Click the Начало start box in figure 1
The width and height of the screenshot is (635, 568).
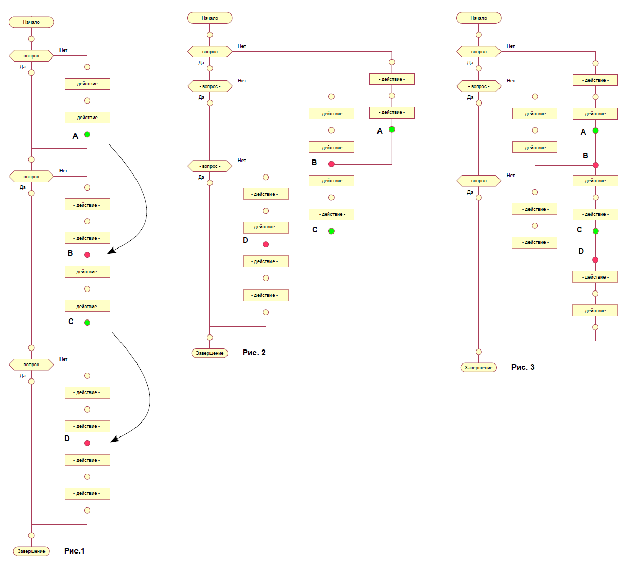(x=32, y=22)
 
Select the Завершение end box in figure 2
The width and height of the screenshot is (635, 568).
(x=210, y=353)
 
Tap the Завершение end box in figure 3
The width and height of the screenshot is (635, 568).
(x=479, y=368)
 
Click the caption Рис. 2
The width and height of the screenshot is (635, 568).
(x=254, y=353)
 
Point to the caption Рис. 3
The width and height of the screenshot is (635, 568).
(x=523, y=367)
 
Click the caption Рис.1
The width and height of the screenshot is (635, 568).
(x=74, y=551)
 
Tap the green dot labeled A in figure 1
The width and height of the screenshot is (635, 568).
(x=87, y=134)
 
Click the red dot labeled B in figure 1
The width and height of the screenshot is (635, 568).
(x=87, y=255)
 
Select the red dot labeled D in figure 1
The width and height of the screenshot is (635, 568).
(x=87, y=443)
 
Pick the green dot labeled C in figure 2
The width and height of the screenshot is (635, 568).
(x=331, y=231)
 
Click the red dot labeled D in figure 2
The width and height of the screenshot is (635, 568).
(x=266, y=244)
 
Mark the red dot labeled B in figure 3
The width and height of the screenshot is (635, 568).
(x=595, y=165)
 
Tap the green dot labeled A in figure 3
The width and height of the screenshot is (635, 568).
(x=595, y=130)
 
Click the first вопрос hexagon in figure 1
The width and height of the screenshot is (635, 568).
(x=32, y=56)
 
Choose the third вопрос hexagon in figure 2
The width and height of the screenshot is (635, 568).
(x=210, y=166)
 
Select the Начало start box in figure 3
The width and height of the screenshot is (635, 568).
(x=479, y=18)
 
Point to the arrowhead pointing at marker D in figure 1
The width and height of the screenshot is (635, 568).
(x=114, y=440)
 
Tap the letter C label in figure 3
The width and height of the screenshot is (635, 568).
(x=579, y=230)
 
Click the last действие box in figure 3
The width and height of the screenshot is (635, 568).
(x=595, y=311)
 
